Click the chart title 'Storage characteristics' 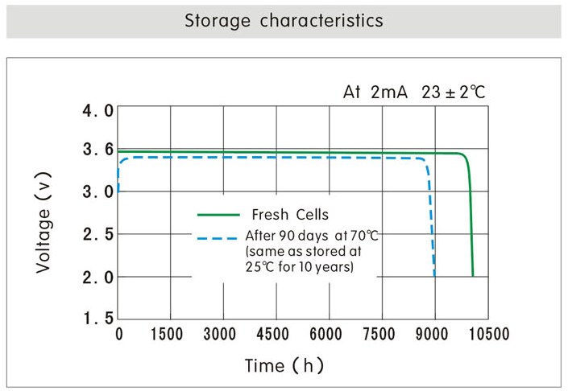284,21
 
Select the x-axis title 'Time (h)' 284,366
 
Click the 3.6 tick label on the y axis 98,150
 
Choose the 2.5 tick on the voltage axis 98,234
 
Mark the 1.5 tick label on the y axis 98,319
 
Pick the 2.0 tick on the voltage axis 98,277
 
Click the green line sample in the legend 219,215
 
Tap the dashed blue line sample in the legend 219,239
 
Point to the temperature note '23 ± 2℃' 454,93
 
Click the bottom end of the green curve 473,275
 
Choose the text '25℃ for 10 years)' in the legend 300,267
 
